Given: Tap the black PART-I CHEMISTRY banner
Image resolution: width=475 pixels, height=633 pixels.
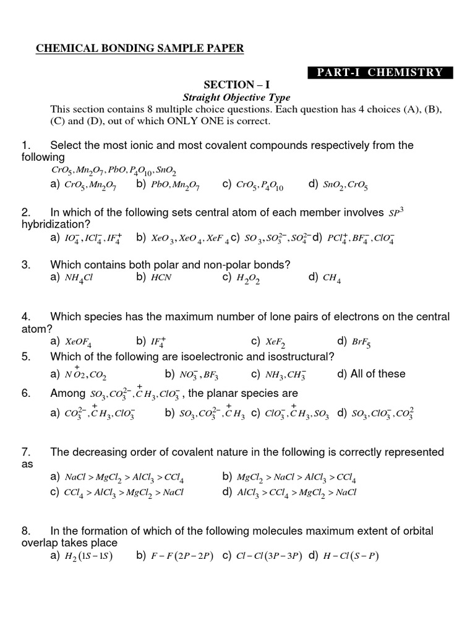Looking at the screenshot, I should tap(380, 72).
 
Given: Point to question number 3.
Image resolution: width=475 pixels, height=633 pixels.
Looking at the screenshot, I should tap(25, 265).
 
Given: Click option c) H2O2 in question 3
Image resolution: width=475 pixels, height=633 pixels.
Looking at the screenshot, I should tap(241, 278).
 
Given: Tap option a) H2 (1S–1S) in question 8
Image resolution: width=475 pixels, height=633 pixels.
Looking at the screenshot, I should tap(82, 556).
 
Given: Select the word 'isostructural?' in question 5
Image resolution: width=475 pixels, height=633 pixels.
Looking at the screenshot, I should tap(298, 357).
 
